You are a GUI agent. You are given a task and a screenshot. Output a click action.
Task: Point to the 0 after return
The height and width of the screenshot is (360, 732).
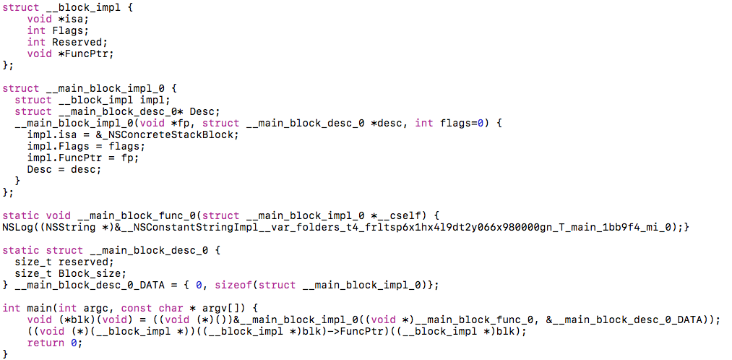(74, 343)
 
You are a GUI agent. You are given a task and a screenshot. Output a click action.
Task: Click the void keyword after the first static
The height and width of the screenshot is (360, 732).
(58, 215)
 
